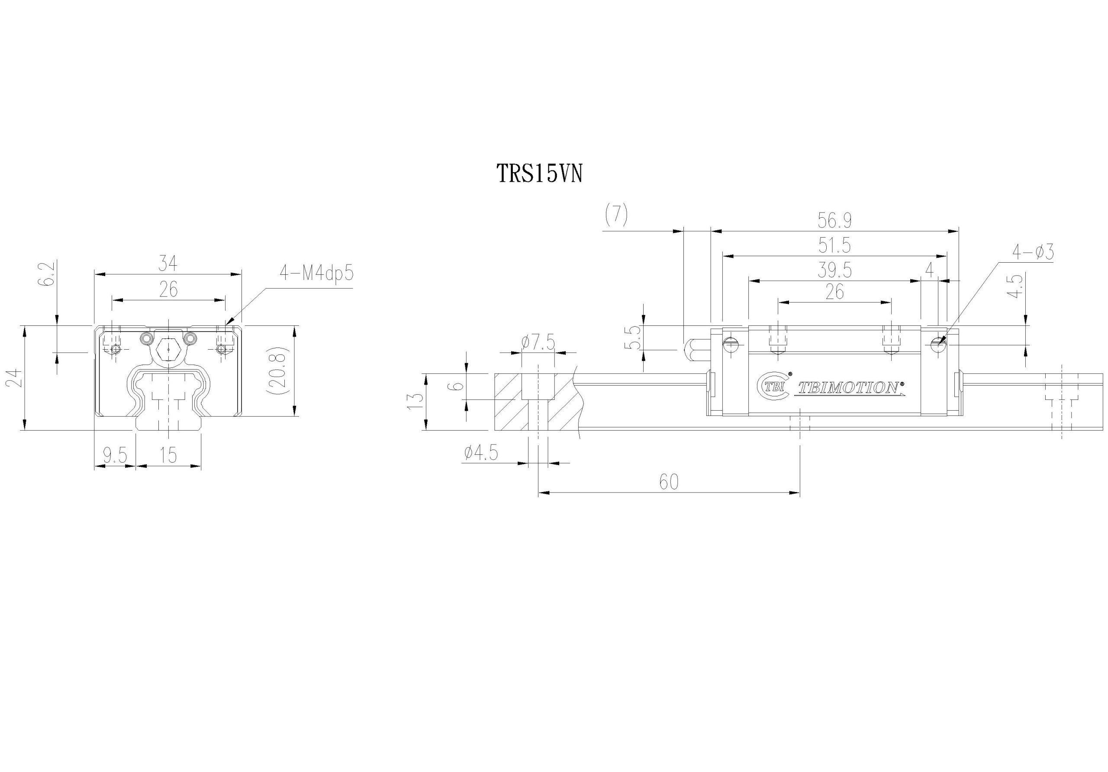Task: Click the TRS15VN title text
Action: point(540,174)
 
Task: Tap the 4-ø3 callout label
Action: point(1032,252)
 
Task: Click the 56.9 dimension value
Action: point(834,221)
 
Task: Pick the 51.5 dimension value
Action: point(834,245)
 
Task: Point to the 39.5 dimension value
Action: point(834,270)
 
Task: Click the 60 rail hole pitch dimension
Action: point(668,482)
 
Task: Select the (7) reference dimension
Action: point(616,215)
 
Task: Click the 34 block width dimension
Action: point(168,264)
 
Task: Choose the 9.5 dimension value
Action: point(114,455)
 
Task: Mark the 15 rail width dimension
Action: point(168,455)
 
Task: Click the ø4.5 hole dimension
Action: point(481,454)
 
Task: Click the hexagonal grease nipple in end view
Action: point(168,347)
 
